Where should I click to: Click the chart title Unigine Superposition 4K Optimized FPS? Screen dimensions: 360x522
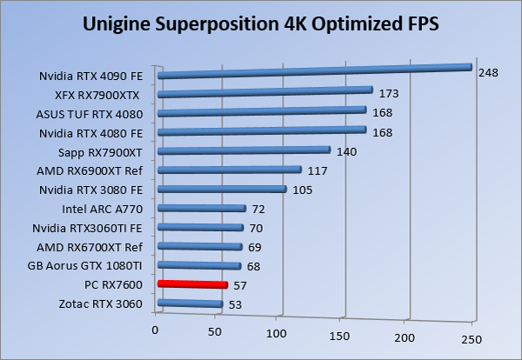pyautogui.click(x=261, y=23)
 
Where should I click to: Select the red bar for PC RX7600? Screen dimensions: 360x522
pyautogui.click(x=191, y=284)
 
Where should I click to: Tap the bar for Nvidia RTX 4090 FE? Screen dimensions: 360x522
pyautogui.click(x=313, y=71)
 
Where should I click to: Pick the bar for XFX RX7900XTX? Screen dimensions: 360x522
pyautogui.click(x=264, y=92)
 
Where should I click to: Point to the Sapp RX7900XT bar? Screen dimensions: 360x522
pyautogui.click(x=244, y=151)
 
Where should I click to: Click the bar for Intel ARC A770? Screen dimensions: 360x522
pyautogui.click(x=201, y=209)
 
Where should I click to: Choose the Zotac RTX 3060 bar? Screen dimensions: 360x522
pyautogui.click(x=190, y=303)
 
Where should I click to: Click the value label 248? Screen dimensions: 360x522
pyautogui.click(x=487, y=73)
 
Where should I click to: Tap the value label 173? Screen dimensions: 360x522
pyautogui.click(x=388, y=92)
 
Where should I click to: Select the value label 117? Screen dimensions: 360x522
pyautogui.click(x=317, y=170)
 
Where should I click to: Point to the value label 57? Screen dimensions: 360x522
pyautogui.click(x=240, y=285)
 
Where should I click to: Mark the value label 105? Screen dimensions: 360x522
pyautogui.click(x=302, y=190)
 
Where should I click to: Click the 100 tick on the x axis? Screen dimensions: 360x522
pyautogui.click(x=279, y=333)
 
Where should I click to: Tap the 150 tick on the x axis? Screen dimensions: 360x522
pyautogui.click(x=343, y=335)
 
